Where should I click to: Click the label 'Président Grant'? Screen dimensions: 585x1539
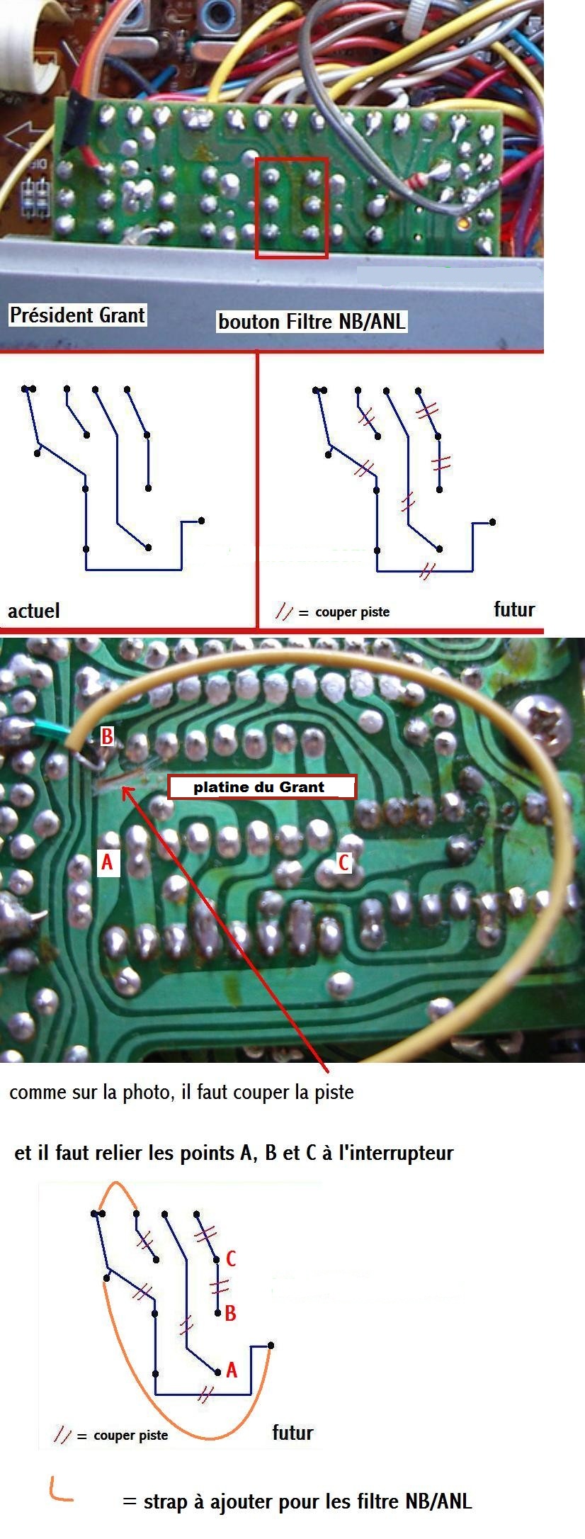(77, 315)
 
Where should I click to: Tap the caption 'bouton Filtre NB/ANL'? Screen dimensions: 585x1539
(312, 322)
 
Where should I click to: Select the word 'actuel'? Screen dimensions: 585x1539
(34, 611)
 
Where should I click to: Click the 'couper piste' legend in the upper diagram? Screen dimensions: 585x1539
(352, 612)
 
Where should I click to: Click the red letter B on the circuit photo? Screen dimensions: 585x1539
(107, 737)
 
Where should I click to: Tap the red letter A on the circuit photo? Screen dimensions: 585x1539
(107, 862)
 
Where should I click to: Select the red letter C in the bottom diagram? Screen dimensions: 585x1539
(231, 1258)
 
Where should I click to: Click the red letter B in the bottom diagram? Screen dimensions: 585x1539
(230, 1314)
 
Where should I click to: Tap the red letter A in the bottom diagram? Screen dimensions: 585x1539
(232, 1370)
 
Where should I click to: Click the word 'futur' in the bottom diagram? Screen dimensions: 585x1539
(292, 1433)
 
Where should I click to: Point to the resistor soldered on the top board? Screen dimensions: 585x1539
(418, 181)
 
